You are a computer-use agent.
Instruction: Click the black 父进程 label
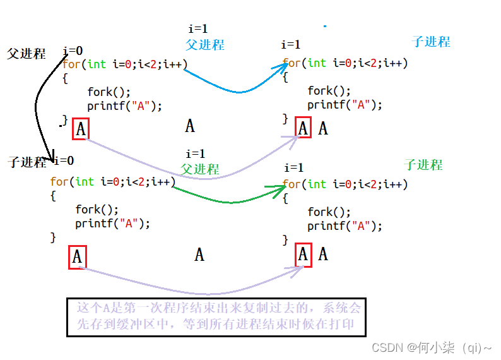click(27, 54)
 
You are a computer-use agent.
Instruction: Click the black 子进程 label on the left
click(27, 162)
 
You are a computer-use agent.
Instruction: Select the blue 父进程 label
click(205, 45)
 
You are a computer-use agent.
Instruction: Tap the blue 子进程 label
click(431, 42)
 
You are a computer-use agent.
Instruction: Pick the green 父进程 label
click(200, 169)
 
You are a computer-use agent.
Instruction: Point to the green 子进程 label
click(423, 165)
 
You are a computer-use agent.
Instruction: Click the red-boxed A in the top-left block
click(81, 129)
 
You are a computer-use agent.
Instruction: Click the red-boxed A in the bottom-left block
click(77, 257)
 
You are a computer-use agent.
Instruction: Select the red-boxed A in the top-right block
click(304, 128)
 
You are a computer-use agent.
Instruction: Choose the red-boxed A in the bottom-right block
click(304, 255)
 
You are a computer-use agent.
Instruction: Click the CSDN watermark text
click(432, 347)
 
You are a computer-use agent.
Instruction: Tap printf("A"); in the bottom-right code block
click(345, 225)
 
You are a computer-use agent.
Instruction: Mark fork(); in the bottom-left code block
click(97, 210)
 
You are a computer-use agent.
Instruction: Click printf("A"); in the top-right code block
click(345, 105)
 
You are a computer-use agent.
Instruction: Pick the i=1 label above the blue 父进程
click(197, 28)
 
